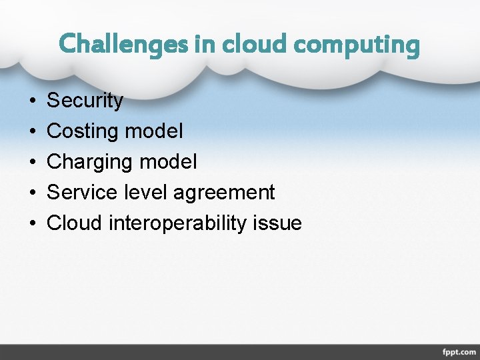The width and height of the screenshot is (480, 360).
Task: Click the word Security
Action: pos(85,101)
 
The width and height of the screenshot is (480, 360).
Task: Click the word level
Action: pos(147,192)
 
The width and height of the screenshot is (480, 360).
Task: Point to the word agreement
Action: pos(224,193)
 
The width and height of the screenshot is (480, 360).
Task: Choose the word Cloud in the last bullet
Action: pos(74,223)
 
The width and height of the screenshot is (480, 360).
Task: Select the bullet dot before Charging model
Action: pos(33,162)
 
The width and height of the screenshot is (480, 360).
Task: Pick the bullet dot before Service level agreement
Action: pos(33,193)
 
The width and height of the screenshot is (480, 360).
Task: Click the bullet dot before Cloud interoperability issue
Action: pos(33,223)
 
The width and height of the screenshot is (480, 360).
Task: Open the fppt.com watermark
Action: pos(459,351)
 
